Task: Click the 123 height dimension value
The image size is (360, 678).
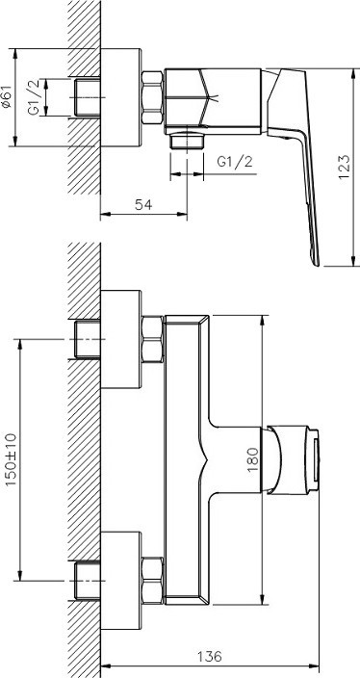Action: point(344,167)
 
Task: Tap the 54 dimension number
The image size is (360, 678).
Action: point(143,204)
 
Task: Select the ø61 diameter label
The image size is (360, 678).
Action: point(6,97)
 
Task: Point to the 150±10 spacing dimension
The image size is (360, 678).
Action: point(11,459)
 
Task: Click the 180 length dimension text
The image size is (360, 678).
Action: point(254,459)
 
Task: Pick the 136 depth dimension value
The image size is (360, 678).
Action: point(210,657)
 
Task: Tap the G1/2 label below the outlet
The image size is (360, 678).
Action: point(235,162)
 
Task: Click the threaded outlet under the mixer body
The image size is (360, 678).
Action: point(187,141)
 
